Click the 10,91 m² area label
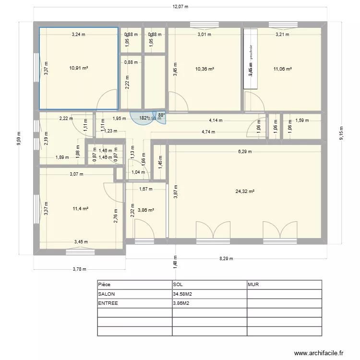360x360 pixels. coord(79,68)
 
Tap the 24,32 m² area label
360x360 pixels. coord(245,191)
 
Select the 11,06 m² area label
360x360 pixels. coord(282,69)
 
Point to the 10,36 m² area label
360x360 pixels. coord(204,69)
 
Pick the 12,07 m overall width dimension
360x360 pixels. coord(180,7)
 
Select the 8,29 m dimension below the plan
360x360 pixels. coord(226,259)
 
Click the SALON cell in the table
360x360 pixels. coord(107,294)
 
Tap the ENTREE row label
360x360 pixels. coord(108,303)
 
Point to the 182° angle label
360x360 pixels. coord(143,118)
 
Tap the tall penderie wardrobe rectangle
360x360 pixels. coord(250,59)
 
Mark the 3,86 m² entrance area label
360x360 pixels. coord(145,210)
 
